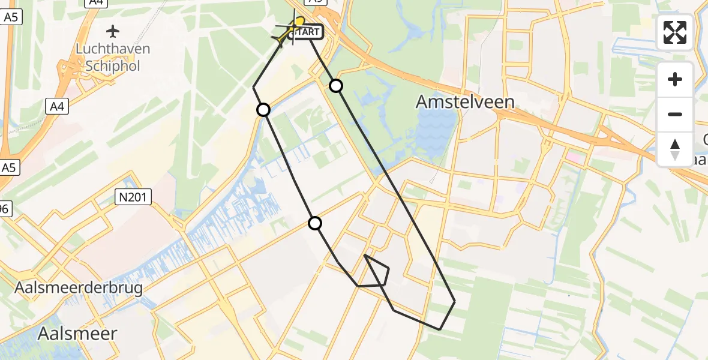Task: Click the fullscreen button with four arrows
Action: click(x=675, y=32)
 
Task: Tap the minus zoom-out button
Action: click(x=675, y=114)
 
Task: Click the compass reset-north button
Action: click(x=675, y=149)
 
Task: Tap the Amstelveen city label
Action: click(x=465, y=103)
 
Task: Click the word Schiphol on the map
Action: click(x=113, y=66)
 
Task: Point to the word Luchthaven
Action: click(x=113, y=49)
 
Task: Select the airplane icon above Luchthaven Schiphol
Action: click(x=113, y=31)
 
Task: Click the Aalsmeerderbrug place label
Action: click(x=79, y=289)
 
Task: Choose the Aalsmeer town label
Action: click(x=77, y=334)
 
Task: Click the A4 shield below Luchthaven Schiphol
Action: click(x=57, y=107)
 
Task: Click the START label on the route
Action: click(x=308, y=32)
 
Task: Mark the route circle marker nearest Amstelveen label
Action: click(x=337, y=86)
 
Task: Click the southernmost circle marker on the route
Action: click(x=315, y=224)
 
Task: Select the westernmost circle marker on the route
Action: click(x=263, y=110)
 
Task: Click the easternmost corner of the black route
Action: click(x=455, y=301)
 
